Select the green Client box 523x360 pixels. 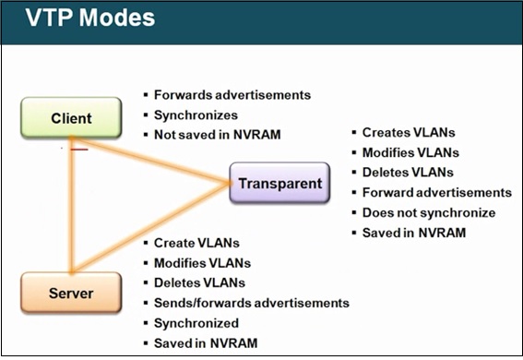click(x=71, y=118)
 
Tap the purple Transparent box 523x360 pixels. click(x=279, y=183)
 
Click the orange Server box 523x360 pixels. click(x=71, y=293)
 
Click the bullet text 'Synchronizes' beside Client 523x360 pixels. click(x=196, y=115)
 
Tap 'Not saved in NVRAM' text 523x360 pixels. click(x=218, y=136)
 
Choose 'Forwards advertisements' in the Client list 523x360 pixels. click(x=232, y=95)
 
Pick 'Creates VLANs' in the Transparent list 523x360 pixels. click(x=408, y=133)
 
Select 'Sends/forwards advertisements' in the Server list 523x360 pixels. click(x=251, y=303)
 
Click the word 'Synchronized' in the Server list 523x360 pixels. click(x=196, y=323)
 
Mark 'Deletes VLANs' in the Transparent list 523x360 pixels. click(x=409, y=173)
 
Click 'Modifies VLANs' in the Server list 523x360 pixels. click(x=201, y=263)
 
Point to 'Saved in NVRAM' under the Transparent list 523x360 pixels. click(x=413, y=233)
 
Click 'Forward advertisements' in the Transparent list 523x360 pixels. click(x=436, y=193)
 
